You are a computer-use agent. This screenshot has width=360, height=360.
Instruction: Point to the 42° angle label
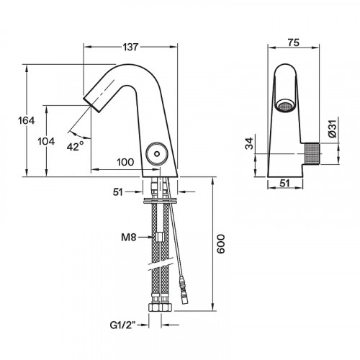coord(76,146)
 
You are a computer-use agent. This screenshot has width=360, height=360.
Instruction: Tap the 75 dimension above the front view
coord(294,42)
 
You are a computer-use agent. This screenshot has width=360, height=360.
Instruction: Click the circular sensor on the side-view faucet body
coord(153,153)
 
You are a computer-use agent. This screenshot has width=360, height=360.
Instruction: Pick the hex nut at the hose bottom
coord(158,307)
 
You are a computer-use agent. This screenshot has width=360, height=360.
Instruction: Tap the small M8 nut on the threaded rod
coord(158,236)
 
